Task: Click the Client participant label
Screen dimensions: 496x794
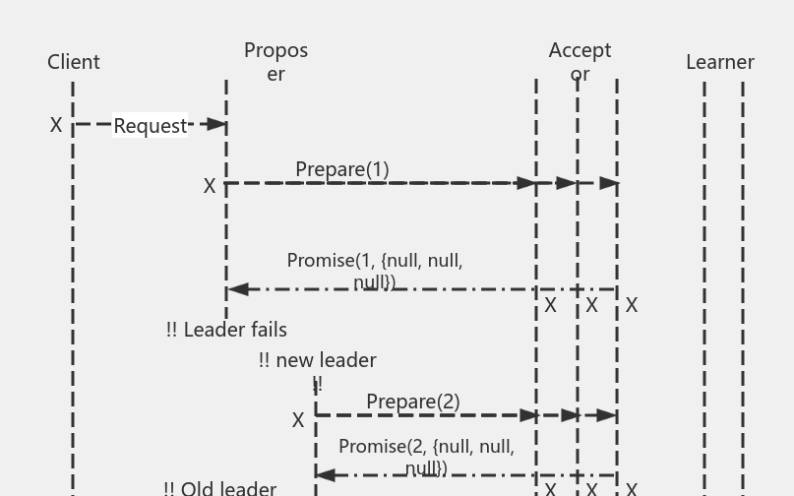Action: point(74,62)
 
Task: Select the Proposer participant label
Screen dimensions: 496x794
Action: point(275,61)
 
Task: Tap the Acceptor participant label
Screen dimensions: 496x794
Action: point(580,61)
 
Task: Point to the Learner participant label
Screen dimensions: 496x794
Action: point(720,62)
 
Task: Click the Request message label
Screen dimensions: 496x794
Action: point(150,126)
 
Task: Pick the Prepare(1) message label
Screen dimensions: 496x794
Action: point(342,169)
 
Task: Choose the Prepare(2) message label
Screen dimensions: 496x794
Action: point(413,402)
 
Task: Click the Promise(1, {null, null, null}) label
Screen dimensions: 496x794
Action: point(375,271)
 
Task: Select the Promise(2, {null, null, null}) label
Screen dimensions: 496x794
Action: point(426,457)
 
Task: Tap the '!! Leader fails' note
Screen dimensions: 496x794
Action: point(226,330)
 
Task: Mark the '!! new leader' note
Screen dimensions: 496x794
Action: point(317,361)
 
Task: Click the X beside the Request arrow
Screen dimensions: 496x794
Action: point(56,125)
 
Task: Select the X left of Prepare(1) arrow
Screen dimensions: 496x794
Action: point(210,186)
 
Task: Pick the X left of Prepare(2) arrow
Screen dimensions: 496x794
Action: point(298,420)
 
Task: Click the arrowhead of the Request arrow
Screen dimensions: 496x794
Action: point(218,125)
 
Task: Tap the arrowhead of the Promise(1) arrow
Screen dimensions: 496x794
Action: point(237,289)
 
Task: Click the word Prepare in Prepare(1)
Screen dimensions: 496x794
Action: point(330,169)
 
